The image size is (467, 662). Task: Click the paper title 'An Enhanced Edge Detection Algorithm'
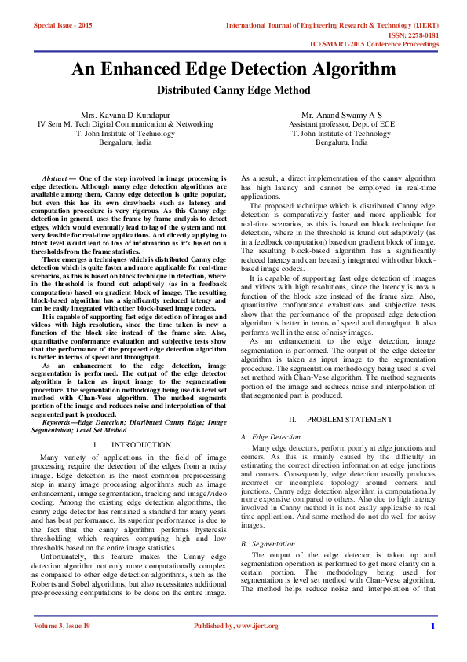(x=233, y=69)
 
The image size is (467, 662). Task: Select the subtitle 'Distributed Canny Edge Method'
(x=233, y=90)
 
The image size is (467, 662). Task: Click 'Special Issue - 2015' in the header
(x=63, y=26)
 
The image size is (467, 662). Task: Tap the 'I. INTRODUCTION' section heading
(x=126, y=445)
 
